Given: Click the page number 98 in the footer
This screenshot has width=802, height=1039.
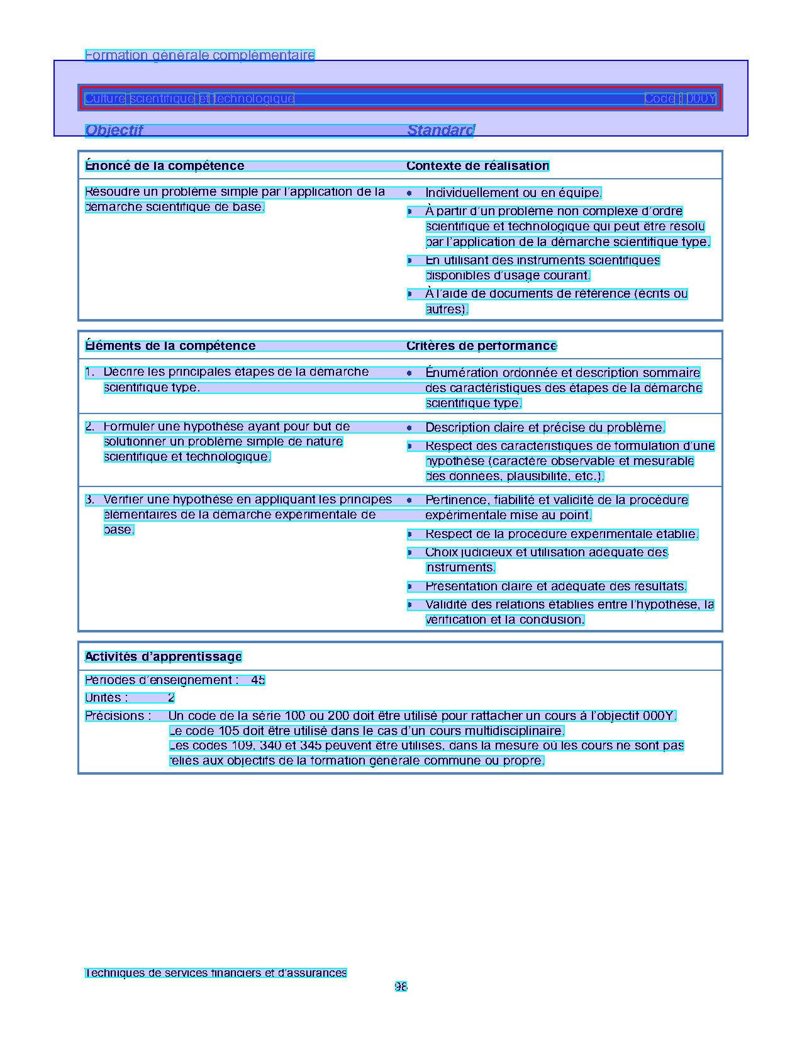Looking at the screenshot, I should pos(401,986).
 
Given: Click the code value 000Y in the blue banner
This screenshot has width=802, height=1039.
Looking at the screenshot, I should pos(701,98).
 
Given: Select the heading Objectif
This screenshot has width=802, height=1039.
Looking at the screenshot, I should pos(114,130).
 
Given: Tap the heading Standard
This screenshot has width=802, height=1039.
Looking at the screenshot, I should pos(440,130).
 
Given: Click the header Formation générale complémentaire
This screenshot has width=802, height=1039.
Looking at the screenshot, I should pos(199,55).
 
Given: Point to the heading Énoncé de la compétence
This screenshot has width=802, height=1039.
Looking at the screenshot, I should pos(165,166).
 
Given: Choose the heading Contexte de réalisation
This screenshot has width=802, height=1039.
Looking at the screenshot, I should pos(477,166).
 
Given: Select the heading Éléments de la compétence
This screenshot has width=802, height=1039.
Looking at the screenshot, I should pos(170,345).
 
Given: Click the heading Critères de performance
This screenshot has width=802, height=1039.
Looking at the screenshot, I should pos(481,345).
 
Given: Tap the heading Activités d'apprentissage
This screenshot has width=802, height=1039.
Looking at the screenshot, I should pos(164,656).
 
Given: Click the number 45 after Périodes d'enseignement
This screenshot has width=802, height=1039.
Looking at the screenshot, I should pos(258,680).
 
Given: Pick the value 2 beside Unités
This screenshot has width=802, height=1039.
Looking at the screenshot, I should pos(171,697).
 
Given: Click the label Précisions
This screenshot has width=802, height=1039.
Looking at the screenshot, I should pos(118,716).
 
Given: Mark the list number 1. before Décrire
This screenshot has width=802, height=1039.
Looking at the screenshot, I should pos(90,372).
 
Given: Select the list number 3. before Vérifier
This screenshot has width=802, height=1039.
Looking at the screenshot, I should pos(90,500).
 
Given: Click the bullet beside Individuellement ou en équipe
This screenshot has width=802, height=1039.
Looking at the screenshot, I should pos(409,193).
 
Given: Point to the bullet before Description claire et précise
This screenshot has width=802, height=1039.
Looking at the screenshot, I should pos(409,427).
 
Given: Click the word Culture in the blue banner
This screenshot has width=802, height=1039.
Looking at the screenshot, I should pos(105,98).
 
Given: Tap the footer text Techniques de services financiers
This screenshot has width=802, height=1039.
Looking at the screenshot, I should pos(216,972).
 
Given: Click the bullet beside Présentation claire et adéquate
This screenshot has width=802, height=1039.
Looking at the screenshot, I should pos(409,587).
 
